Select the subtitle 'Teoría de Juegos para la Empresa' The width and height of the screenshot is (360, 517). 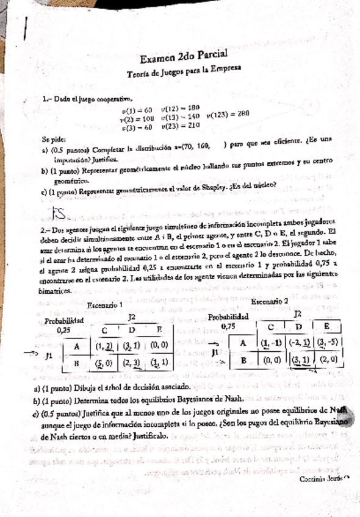187,72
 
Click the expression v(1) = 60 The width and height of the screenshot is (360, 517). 137,110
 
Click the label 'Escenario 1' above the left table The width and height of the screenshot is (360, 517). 105,305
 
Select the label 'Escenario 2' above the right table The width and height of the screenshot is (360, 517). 270,301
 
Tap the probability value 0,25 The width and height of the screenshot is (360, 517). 63,330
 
